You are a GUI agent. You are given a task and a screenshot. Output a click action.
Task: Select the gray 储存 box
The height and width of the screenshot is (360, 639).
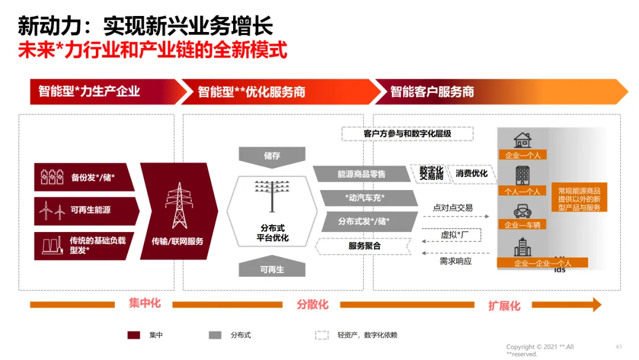[272, 156]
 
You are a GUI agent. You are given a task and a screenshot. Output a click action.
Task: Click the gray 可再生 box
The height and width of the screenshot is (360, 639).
[272, 269]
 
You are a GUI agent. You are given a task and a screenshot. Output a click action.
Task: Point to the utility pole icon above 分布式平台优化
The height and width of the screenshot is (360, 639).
[272, 195]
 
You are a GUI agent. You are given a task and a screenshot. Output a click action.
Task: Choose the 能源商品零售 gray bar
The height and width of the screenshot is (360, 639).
[361, 174]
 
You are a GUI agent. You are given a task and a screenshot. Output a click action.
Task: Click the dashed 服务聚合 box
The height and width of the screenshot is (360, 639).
[364, 246]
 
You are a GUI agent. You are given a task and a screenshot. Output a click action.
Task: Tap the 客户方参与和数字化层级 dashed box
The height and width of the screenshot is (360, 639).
[407, 134]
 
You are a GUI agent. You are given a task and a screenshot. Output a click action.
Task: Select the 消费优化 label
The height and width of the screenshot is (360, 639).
[472, 173]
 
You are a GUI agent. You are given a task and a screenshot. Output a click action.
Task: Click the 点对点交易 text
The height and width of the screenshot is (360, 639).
[453, 208]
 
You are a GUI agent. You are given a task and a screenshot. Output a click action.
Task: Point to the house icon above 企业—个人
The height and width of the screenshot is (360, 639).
[522, 140]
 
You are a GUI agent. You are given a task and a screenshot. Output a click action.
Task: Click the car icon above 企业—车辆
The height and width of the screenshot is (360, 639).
[522, 211]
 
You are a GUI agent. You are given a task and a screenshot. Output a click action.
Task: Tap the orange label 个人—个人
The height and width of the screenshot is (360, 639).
[522, 191]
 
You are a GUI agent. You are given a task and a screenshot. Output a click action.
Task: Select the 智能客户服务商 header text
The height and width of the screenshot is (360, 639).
[432, 92]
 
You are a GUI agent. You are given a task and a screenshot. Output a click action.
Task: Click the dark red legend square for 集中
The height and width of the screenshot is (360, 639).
[134, 335]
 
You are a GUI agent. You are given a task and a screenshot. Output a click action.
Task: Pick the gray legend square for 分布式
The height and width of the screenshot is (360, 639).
[215, 335]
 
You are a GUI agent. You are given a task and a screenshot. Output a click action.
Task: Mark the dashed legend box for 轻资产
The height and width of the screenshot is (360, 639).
[321, 335]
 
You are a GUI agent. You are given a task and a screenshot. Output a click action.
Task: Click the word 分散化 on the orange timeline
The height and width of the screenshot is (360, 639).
[312, 304]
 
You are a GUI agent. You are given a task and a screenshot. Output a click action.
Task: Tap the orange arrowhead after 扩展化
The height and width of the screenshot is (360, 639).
[594, 305]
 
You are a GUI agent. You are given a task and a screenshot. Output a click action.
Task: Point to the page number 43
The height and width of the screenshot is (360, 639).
[619, 346]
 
